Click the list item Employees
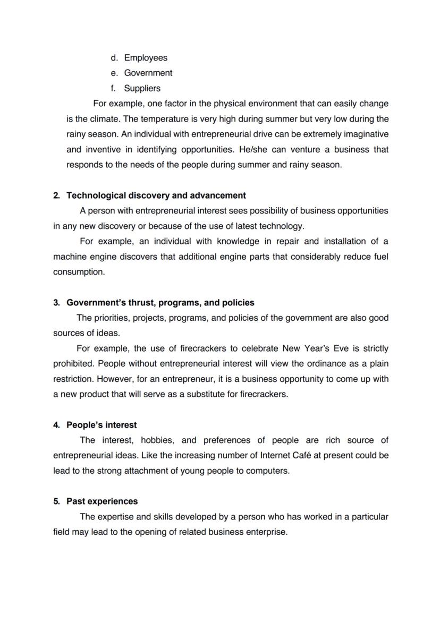146,58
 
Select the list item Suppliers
142,88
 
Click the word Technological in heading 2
94,195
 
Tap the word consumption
78,272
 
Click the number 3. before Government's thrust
56,303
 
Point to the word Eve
332,348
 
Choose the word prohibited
73,364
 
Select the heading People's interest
101,425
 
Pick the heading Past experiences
102,501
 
